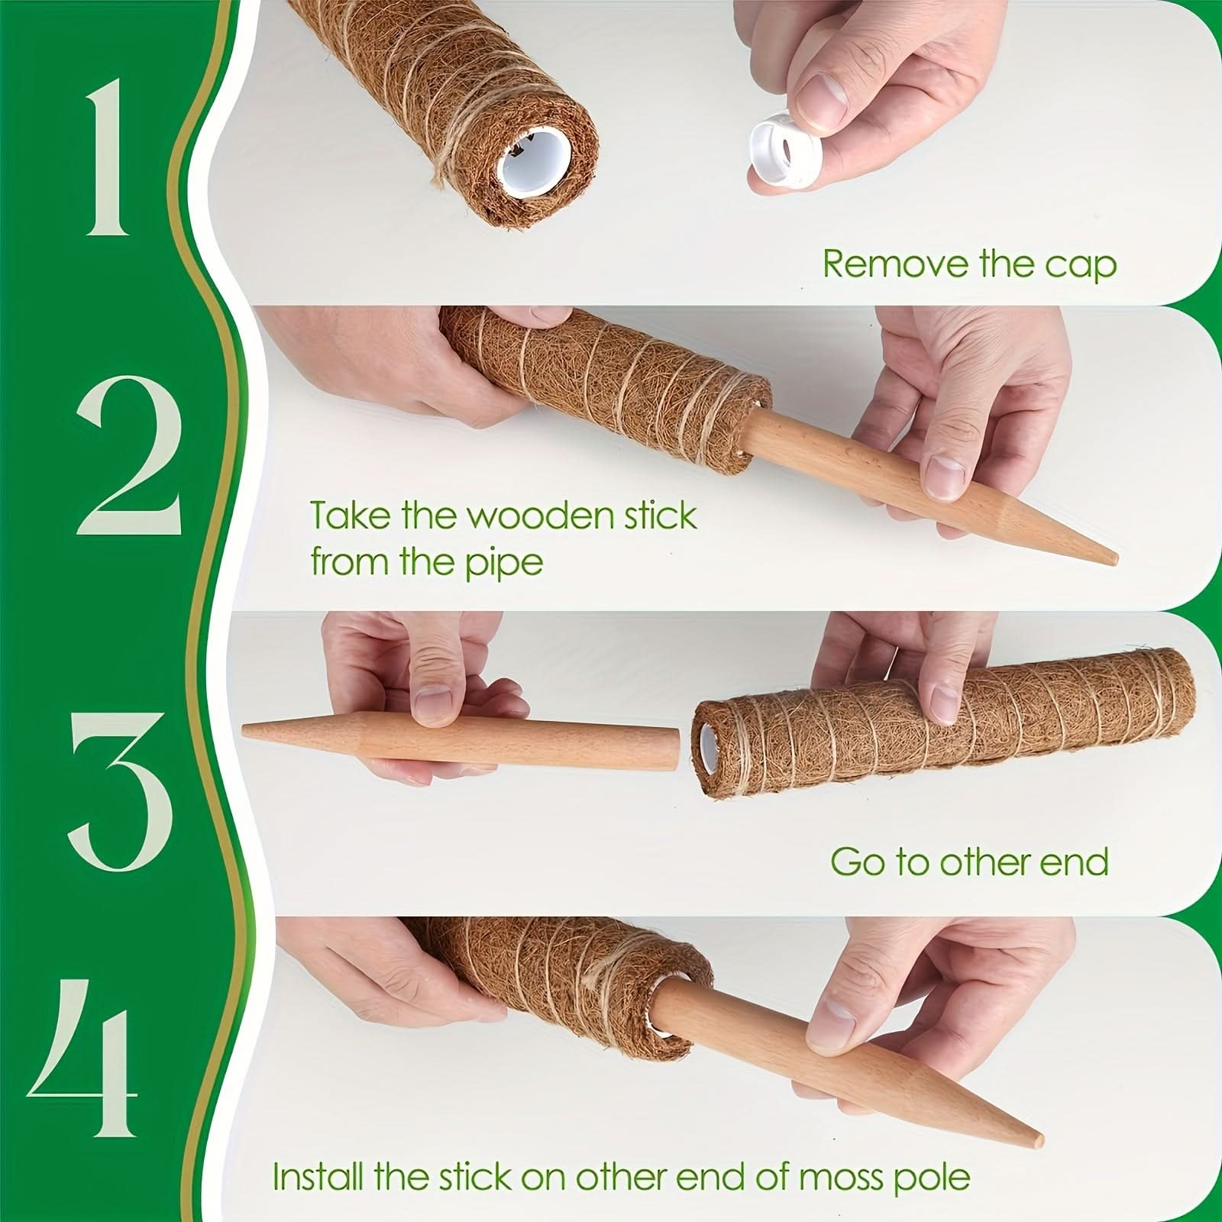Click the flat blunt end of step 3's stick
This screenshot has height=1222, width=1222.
click(x=674, y=748)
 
